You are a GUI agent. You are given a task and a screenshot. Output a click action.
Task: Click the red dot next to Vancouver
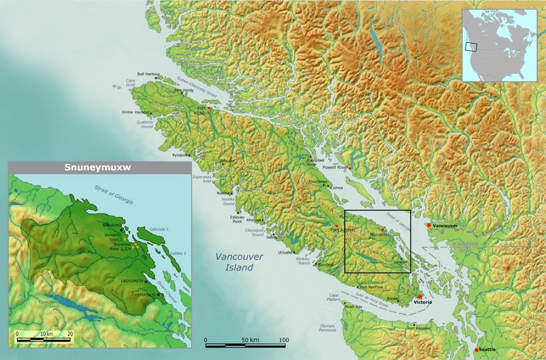(428, 225)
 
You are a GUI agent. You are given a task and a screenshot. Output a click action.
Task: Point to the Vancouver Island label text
(229, 262)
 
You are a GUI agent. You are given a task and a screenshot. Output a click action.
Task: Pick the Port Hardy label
(184, 90)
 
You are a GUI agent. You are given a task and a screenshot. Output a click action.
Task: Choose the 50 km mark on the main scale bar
(244, 340)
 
